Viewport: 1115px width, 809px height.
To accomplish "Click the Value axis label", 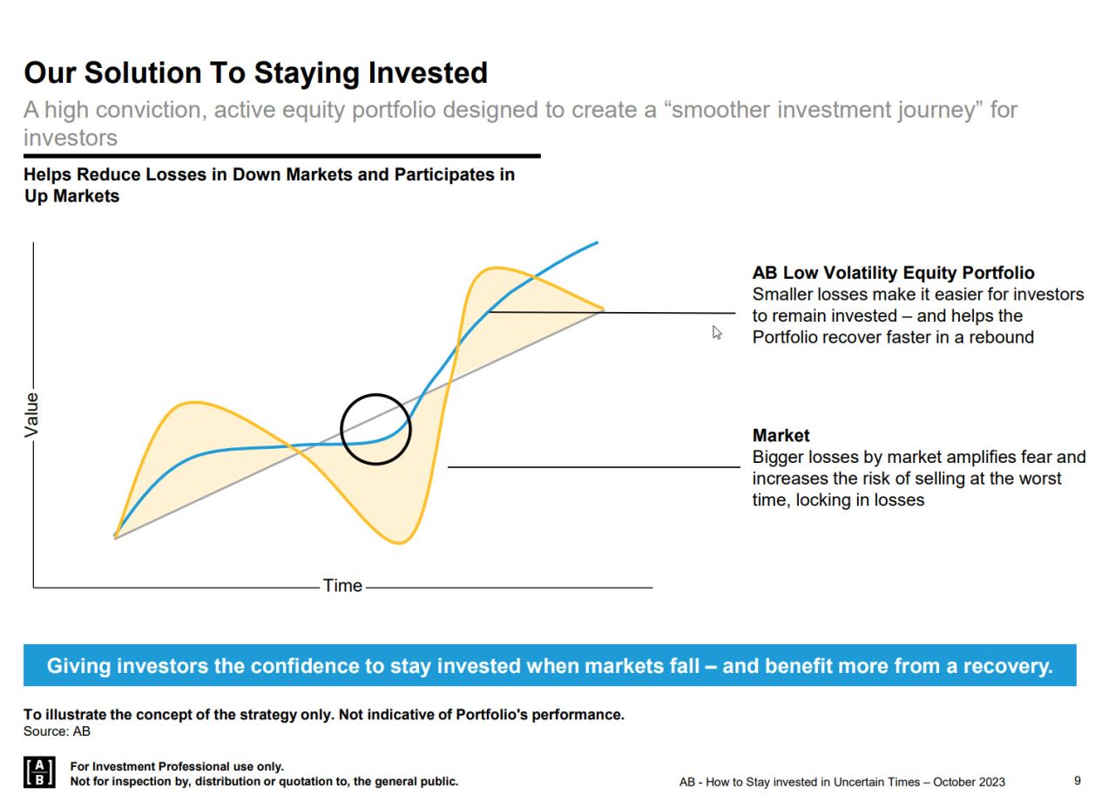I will [32, 414].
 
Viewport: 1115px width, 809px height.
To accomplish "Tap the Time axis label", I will [342, 586].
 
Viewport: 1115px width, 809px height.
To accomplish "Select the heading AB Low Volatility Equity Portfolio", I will [893, 273].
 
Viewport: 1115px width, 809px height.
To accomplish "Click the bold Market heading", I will [780, 435].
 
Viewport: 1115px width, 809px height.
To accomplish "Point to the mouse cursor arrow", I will [716, 331].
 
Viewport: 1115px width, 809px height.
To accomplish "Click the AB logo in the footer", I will [39, 772].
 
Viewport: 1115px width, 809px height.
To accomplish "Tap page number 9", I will [1077, 780].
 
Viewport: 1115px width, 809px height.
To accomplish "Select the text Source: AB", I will [57, 731].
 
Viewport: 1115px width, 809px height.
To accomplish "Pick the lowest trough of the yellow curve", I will [399, 543].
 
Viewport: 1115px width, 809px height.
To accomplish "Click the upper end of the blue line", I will [597, 243].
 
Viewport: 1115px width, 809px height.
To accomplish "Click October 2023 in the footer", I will [969, 782].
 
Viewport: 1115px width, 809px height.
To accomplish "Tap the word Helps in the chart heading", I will [48, 174].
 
